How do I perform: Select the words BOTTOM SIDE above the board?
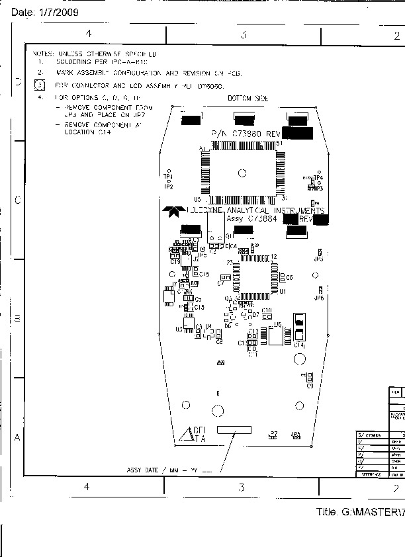coord(247,99)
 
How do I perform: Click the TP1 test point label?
coord(167,176)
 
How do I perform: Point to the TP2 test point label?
coord(169,187)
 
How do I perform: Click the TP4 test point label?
coord(318,178)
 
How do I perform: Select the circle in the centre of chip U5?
coord(242,173)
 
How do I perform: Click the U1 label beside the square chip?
coord(283,291)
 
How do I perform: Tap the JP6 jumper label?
coord(319,298)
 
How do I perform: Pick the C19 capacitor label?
coord(175,262)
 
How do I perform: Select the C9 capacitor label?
coord(310,385)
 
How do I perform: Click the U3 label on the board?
coord(179,329)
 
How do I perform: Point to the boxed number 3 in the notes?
coord(39,85)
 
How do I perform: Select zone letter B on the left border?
coord(17,318)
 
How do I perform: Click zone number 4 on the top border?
coord(88,34)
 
